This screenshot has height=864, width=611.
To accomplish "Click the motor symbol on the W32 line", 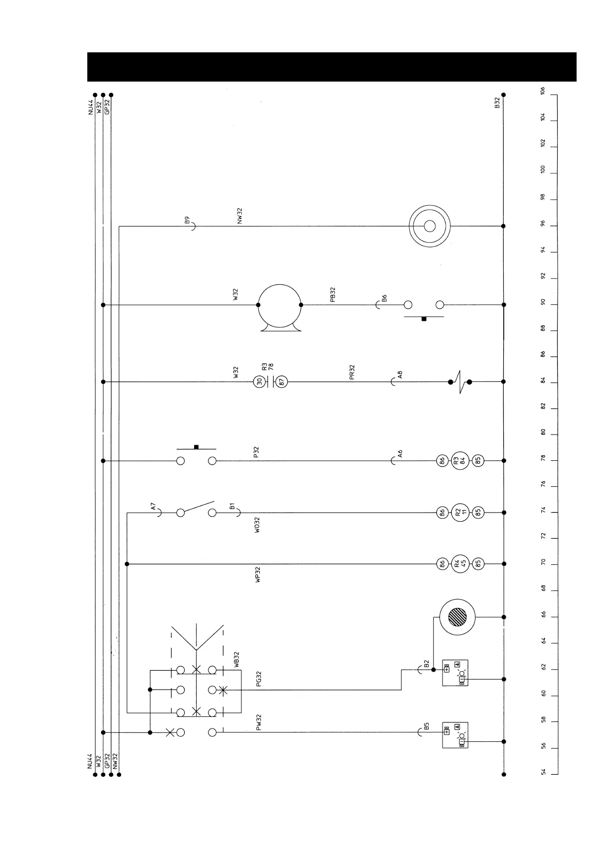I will (279, 306).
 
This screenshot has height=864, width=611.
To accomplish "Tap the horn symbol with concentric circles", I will (430, 226).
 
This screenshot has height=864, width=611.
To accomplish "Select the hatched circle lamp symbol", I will (457, 617).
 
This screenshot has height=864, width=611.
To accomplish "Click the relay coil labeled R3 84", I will (460, 461).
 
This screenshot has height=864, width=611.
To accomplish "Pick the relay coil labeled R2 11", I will (460, 512).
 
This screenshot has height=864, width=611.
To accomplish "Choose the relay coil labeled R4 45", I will (460, 564).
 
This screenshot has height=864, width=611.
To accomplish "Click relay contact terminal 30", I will (259, 381).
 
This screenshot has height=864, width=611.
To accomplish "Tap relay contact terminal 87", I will (282, 381).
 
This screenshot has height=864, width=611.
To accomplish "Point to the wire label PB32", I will (333, 294).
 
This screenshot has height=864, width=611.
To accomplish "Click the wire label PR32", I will (352, 372).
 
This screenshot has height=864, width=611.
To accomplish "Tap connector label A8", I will (400, 375).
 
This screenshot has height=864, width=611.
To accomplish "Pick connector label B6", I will (385, 298).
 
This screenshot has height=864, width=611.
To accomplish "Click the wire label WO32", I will (257, 525).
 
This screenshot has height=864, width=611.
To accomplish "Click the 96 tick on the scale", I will (543, 226).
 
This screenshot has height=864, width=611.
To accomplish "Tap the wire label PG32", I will (259, 679).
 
